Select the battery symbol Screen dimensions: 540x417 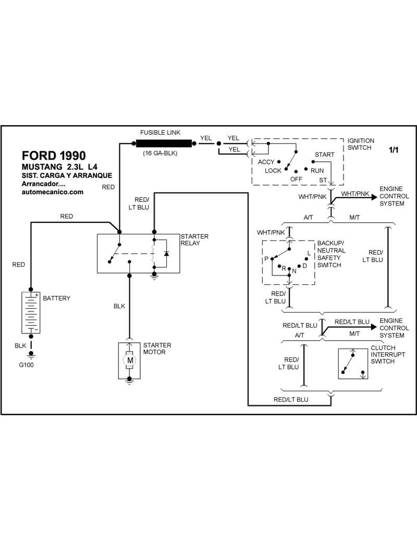tap(31, 312)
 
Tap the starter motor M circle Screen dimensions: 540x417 tap(129, 360)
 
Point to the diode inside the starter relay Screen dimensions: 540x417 tap(166, 254)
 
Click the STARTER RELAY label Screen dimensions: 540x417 tap(194, 240)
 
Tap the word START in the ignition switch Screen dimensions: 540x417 tap(324, 155)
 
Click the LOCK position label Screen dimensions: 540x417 tap(273, 171)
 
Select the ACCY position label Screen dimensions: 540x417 tap(266, 162)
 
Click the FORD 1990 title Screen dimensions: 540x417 tap(54, 155)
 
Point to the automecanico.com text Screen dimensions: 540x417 tap(53, 192)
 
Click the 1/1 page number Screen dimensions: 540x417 tap(393, 150)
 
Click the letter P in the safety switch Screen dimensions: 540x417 tap(266, 259)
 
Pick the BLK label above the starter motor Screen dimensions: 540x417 tap(119, 306)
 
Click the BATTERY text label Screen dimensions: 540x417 tap(56, 298)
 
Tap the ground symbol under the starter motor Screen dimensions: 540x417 tap(129, 381)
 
